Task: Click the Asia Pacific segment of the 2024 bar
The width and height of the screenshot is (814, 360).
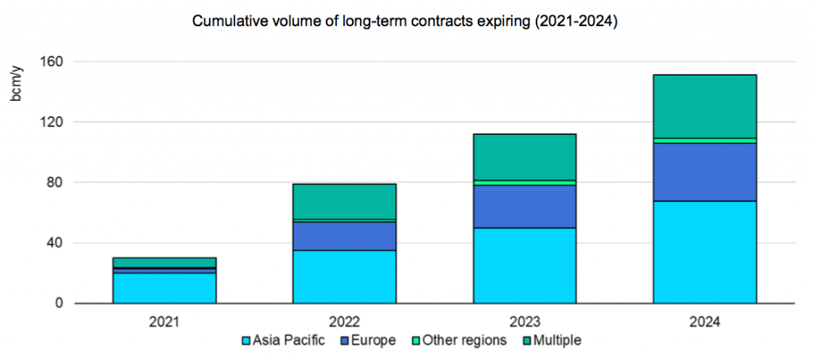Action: (x=704, y=252)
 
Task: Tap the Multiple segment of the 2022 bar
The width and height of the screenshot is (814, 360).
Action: (x=344, y=202)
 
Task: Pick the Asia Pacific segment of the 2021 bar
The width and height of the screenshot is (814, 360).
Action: (x=165, y=288)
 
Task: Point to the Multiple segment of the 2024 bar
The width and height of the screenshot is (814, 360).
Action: (x=704, y=106)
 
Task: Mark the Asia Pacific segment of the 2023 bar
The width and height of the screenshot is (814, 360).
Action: (x=525, y=265)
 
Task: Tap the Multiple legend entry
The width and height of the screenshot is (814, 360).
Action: (x=555, y=341)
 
